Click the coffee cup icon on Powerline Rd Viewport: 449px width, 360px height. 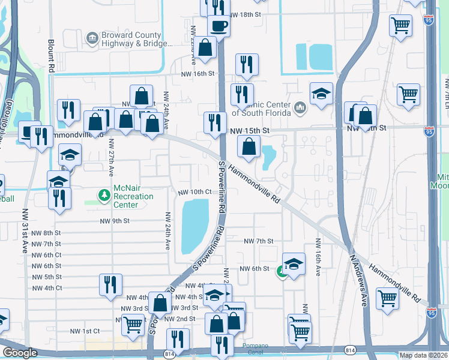(218, 26)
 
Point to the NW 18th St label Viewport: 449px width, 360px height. (248, 13)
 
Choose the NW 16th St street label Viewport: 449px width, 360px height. (198, 74)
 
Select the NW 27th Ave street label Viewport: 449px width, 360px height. (110, 157)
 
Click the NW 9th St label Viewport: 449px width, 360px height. (115, 221)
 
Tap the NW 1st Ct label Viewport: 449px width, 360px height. (83, 331)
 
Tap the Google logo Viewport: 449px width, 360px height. (20, 353)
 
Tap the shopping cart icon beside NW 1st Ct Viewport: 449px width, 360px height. (132, 324)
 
